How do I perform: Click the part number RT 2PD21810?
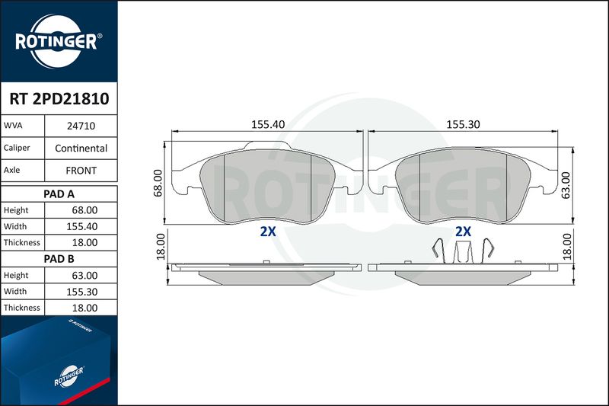pos(59,99)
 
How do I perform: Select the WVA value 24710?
pos(81,126)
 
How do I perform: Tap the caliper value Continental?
pos(81,148)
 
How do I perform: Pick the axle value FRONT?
pos(81,171)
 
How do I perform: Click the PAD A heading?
pos(59,194)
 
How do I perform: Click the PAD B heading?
pos(59,259)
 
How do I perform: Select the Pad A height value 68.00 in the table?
pos(84,210)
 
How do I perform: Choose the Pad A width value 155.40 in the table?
pos(82,226)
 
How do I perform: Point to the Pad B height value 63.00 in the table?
pos(84,276)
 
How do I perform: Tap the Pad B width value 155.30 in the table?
pos(82,292)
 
